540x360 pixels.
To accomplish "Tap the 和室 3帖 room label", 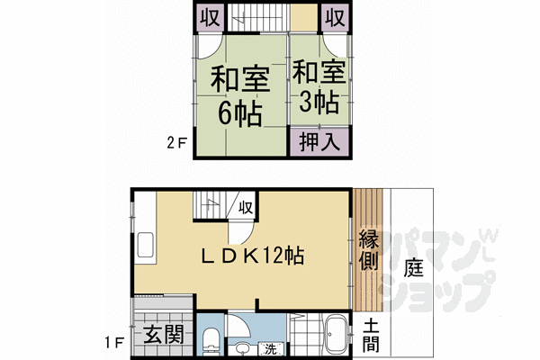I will (x=316, y=85).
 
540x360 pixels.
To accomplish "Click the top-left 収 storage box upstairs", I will (x=210, y=17).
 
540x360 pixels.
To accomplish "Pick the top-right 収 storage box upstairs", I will (x=334, y=17).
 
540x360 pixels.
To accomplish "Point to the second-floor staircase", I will (x=256, y=17).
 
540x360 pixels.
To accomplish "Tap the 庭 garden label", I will (x=413, y=267).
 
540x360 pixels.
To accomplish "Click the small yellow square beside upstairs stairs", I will (x=303, y=17).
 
